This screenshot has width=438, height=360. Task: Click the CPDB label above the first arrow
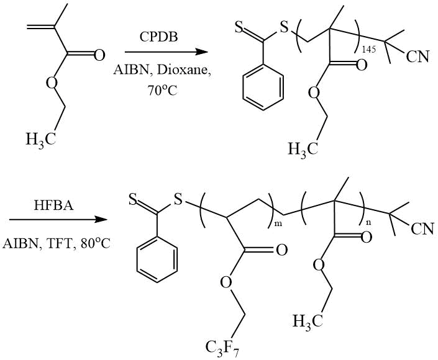(x=158, y=37)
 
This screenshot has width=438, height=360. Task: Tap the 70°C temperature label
(x=162, y=90)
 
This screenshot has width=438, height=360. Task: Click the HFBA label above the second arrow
(x=53, y=205)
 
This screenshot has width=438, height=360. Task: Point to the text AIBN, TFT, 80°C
(x=57, y=244)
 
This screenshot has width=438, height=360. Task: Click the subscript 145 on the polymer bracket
(x=368, y=50)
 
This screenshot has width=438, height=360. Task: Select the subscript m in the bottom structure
(x=278, y=224)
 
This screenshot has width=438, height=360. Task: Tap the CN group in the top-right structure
(x=417, y=56)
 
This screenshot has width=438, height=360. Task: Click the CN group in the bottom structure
(x=422, y=229)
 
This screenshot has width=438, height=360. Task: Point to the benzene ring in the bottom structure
(x=157, y=260)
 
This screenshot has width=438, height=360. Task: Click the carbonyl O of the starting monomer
(x=99, y=55)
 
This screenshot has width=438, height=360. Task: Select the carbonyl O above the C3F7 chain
(x=281, y=250)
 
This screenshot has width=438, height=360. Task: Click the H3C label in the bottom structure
(x=308, y=321)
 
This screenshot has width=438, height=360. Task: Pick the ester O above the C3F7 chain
(x=226, y=282)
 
